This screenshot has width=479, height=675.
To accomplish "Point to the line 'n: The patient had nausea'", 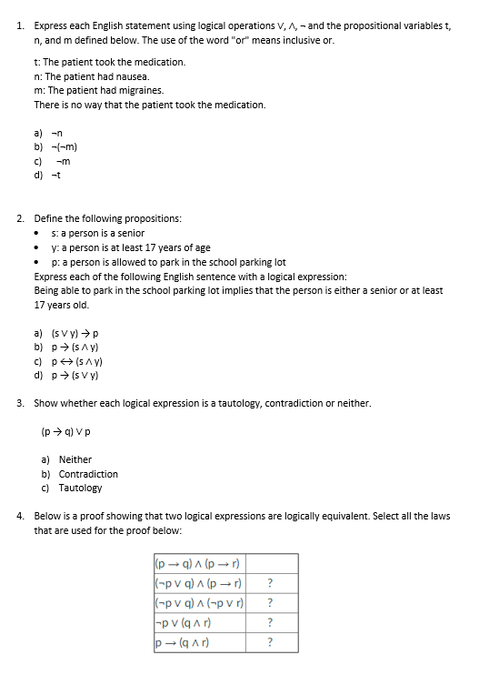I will [x=90, y=76].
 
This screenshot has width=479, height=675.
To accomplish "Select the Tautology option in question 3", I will [x=80, y=489].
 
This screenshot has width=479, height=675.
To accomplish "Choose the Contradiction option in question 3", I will [x=88, y=474].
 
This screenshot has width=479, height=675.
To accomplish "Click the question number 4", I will [x=21, y=516].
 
